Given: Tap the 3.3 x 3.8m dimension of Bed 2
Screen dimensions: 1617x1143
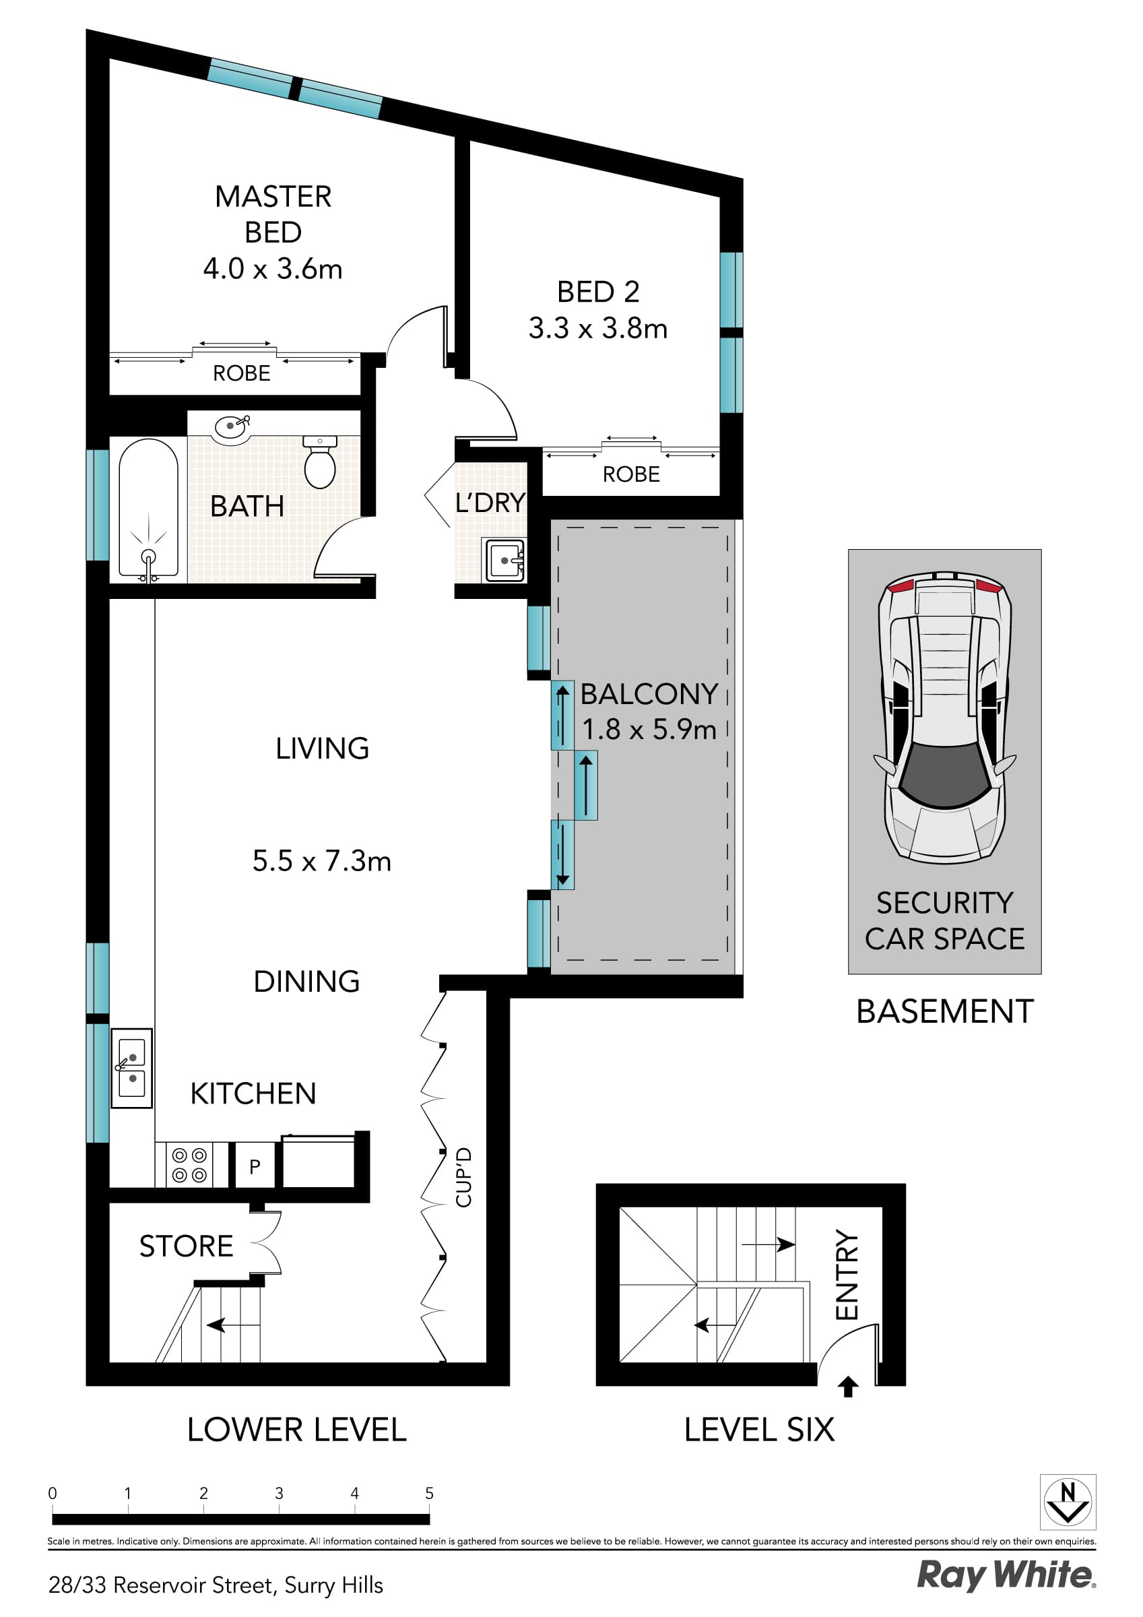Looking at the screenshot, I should [597, 329].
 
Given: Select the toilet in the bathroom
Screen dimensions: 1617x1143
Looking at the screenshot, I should [320, 462].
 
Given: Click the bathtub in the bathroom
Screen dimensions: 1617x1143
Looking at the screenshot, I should [148, 507].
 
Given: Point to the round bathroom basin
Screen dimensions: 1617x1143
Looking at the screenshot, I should [230, 426].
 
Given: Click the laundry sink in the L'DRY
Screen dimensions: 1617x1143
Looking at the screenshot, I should [504, 561].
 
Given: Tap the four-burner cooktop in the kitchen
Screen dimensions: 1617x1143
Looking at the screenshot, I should [189, 1165].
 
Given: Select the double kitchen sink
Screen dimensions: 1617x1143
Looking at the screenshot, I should [132, 1068].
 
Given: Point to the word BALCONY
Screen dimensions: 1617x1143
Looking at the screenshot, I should [649, 695].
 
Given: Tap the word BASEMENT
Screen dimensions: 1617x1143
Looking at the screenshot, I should [944, 1012].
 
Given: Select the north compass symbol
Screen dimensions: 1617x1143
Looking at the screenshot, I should [1067, 1502].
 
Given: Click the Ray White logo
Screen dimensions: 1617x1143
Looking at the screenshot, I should [1005, 1575].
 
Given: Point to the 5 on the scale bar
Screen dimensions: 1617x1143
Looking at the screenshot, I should [429, 1494].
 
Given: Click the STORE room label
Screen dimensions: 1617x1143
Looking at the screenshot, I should [186, 1246].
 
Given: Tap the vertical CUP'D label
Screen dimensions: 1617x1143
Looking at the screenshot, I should [463, 1178].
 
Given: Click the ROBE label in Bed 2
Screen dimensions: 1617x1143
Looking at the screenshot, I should [630, 475].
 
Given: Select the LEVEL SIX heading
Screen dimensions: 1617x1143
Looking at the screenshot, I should [758, 1430].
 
